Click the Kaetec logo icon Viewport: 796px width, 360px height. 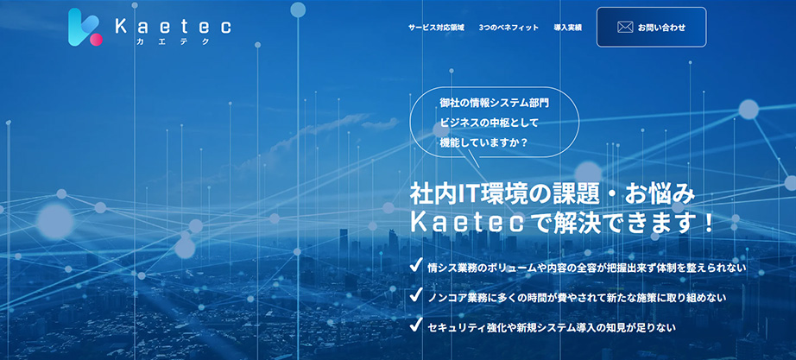[85, 28]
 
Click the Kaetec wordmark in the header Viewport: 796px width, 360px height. [174, 27]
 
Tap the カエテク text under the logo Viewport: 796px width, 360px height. [173, 42]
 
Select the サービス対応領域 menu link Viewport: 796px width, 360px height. [436, 28]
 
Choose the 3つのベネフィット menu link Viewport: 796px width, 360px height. [509, 28]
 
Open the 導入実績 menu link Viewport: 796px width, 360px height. [567, 28]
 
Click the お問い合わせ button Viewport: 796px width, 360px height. [651, 28]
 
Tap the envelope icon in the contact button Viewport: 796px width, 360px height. [625, 28]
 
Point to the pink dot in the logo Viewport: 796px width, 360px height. [96, 39]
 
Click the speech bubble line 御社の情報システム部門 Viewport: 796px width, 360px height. [494, 103]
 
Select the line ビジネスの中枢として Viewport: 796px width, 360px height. [489, 123]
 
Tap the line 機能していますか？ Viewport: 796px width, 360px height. [483, 142]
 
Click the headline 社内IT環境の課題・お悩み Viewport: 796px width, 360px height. [552, 195]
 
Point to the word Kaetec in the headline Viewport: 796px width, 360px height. [460, 224]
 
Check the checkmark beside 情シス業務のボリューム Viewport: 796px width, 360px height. [417, 266]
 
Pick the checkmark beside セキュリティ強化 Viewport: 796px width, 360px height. [417, 324]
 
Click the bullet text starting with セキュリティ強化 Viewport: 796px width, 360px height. [552, 327]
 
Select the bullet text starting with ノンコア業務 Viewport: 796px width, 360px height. [578, 298]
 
